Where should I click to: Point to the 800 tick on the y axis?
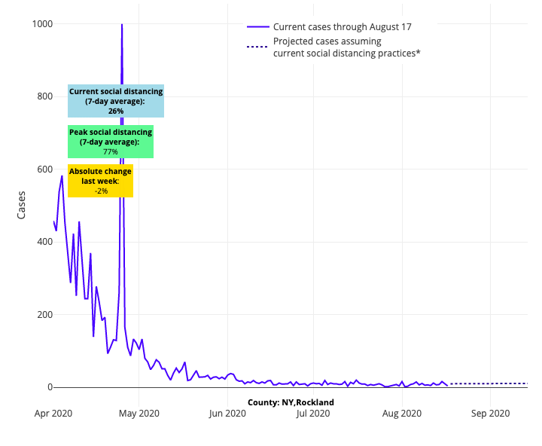(44, 96)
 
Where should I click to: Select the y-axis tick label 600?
(44, 170)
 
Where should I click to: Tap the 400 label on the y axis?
(44, 242)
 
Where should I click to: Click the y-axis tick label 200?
(44, 314)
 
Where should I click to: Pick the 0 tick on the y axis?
(50, 387)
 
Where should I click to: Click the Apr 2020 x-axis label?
(53, 413)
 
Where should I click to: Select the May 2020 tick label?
(139, 413)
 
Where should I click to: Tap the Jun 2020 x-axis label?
(227, 413)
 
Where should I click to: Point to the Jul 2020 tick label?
(313, 413)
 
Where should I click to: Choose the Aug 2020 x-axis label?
(402, 413)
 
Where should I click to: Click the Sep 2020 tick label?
(490, 413)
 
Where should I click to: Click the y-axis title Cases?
(22, 205)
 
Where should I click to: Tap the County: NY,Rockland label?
(291, 402)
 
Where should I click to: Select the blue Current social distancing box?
(116, 101)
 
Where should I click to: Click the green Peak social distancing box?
(111, 142)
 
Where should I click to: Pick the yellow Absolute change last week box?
(101, 181)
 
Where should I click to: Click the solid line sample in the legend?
(257, 27)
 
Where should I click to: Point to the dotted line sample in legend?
(257, 47)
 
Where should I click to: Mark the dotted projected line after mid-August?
(489, 383)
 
